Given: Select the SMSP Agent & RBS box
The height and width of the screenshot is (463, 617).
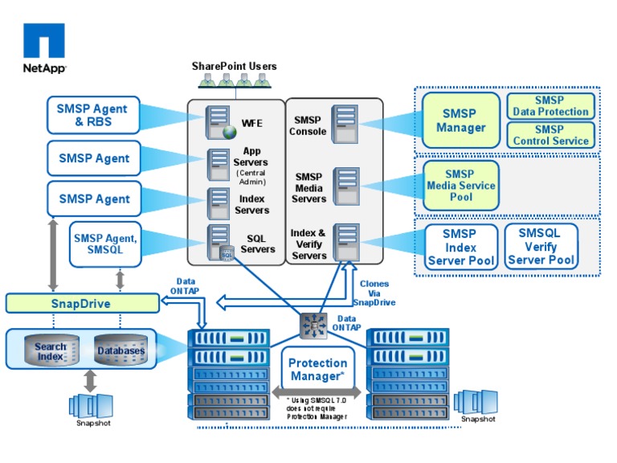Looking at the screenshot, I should [x=93, y=115].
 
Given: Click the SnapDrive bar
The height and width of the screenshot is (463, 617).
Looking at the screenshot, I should [x=82, y=303].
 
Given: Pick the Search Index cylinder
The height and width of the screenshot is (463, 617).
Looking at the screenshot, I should [x=51, y=351].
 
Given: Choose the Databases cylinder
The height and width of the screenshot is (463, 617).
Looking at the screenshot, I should [x=121, y=351].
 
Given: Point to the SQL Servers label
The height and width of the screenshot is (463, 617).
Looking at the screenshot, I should [x=258, y=244].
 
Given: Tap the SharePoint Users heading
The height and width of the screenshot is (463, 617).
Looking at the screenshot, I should [x=234, y=66].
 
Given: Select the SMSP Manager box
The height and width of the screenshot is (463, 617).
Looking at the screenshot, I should [x=460, y=121].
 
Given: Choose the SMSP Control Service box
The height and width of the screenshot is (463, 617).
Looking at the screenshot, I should [x=550, y=134].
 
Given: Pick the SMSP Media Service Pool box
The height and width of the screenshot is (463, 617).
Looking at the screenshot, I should [x=460, y=186].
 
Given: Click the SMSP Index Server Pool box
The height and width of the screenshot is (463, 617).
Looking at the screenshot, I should [x=460, y=247].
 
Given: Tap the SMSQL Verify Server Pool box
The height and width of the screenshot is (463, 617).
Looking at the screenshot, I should [x=540, y=247].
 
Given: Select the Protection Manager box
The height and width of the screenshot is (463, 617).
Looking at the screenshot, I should [x=317, y=370].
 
